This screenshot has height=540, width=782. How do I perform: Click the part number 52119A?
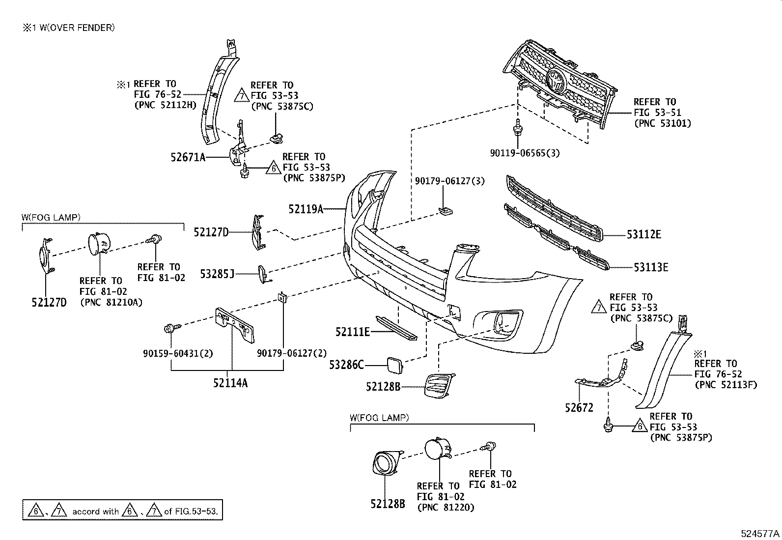pos(306,209)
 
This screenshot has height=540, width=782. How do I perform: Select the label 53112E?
pos(643,235)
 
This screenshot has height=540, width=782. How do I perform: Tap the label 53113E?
pos(650,268)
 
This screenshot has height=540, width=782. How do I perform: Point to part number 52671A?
pos(188,157)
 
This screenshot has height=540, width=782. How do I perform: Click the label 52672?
pos(579,407)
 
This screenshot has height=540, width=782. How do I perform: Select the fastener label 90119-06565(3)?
pos(525,153)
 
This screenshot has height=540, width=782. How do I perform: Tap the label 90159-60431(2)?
pos(178,353)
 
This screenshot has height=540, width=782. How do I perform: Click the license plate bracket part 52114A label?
pos(230,383)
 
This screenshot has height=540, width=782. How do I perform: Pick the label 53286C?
pos(346,365)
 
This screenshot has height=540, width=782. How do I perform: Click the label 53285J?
pos(217,274)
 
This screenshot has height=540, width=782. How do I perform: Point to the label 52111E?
pos(352,332)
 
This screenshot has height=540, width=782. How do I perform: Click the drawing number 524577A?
pos(760,534)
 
